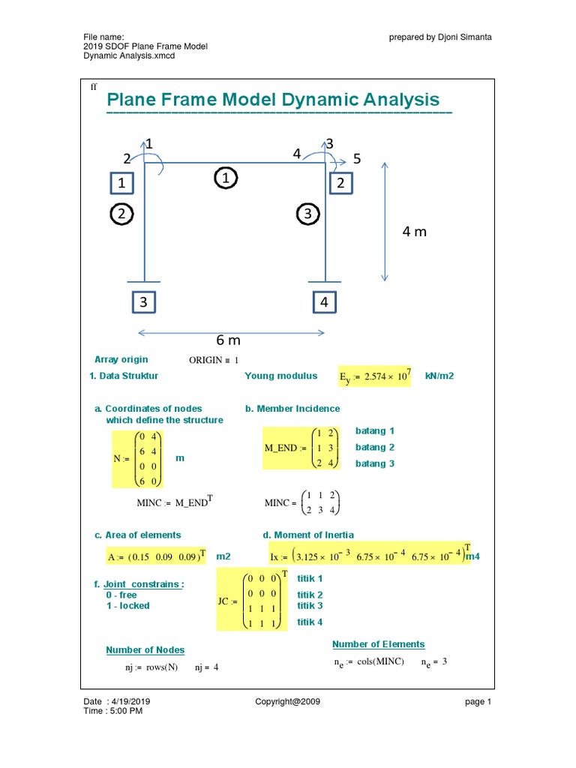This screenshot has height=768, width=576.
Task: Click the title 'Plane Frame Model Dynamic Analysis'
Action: click(273, 100)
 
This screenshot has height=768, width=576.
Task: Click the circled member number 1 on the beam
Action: click(225, 178)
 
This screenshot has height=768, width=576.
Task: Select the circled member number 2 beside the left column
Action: click(121, 214)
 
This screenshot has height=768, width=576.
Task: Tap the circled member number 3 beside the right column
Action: click(307, 214)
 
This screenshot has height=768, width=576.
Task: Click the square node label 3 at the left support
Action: click(142, 302)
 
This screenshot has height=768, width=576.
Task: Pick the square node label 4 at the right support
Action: click(324, 302)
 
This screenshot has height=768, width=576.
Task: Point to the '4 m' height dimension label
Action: click(414, 232)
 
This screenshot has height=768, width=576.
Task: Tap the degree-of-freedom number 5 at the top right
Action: click(357, 159)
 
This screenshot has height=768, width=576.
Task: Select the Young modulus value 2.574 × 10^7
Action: click(373, 376)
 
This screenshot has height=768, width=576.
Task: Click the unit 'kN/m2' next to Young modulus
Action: click(439, 376)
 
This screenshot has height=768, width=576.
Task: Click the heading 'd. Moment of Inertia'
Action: click(308, 535)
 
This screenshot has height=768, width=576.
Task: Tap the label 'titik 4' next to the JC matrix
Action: click(310, 622)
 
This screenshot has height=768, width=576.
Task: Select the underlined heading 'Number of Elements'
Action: click(378, 644)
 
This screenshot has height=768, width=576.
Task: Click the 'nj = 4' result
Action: click(206, 667)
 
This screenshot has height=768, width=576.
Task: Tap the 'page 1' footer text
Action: click(478, 702)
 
